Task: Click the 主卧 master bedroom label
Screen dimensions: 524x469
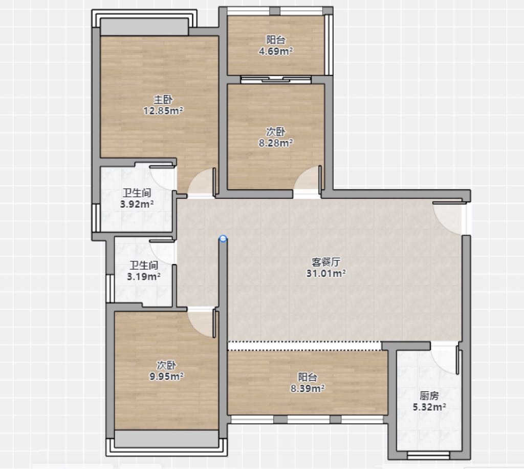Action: coord(163,99)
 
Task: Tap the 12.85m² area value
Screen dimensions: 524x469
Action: coord(163,111)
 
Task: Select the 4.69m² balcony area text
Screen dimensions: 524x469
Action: coord(276,51)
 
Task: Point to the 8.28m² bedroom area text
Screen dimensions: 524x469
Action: coord(276,143)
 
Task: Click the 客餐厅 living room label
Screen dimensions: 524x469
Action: coord(326,262)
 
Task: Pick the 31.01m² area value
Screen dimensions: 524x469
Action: coord(326,273)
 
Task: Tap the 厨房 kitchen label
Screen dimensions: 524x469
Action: coord(429,396)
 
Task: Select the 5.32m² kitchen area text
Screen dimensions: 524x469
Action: coord(429,407)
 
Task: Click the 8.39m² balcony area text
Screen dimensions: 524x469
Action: coord(308,389)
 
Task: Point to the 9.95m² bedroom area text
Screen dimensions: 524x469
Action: coord(166,376)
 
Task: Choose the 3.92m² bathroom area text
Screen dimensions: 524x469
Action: coord(137,204)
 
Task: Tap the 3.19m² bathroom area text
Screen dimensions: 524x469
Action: coord(144,276)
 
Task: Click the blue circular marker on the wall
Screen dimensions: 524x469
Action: coord(223,238)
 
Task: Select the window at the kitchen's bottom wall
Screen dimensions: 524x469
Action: coord(428,455)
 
